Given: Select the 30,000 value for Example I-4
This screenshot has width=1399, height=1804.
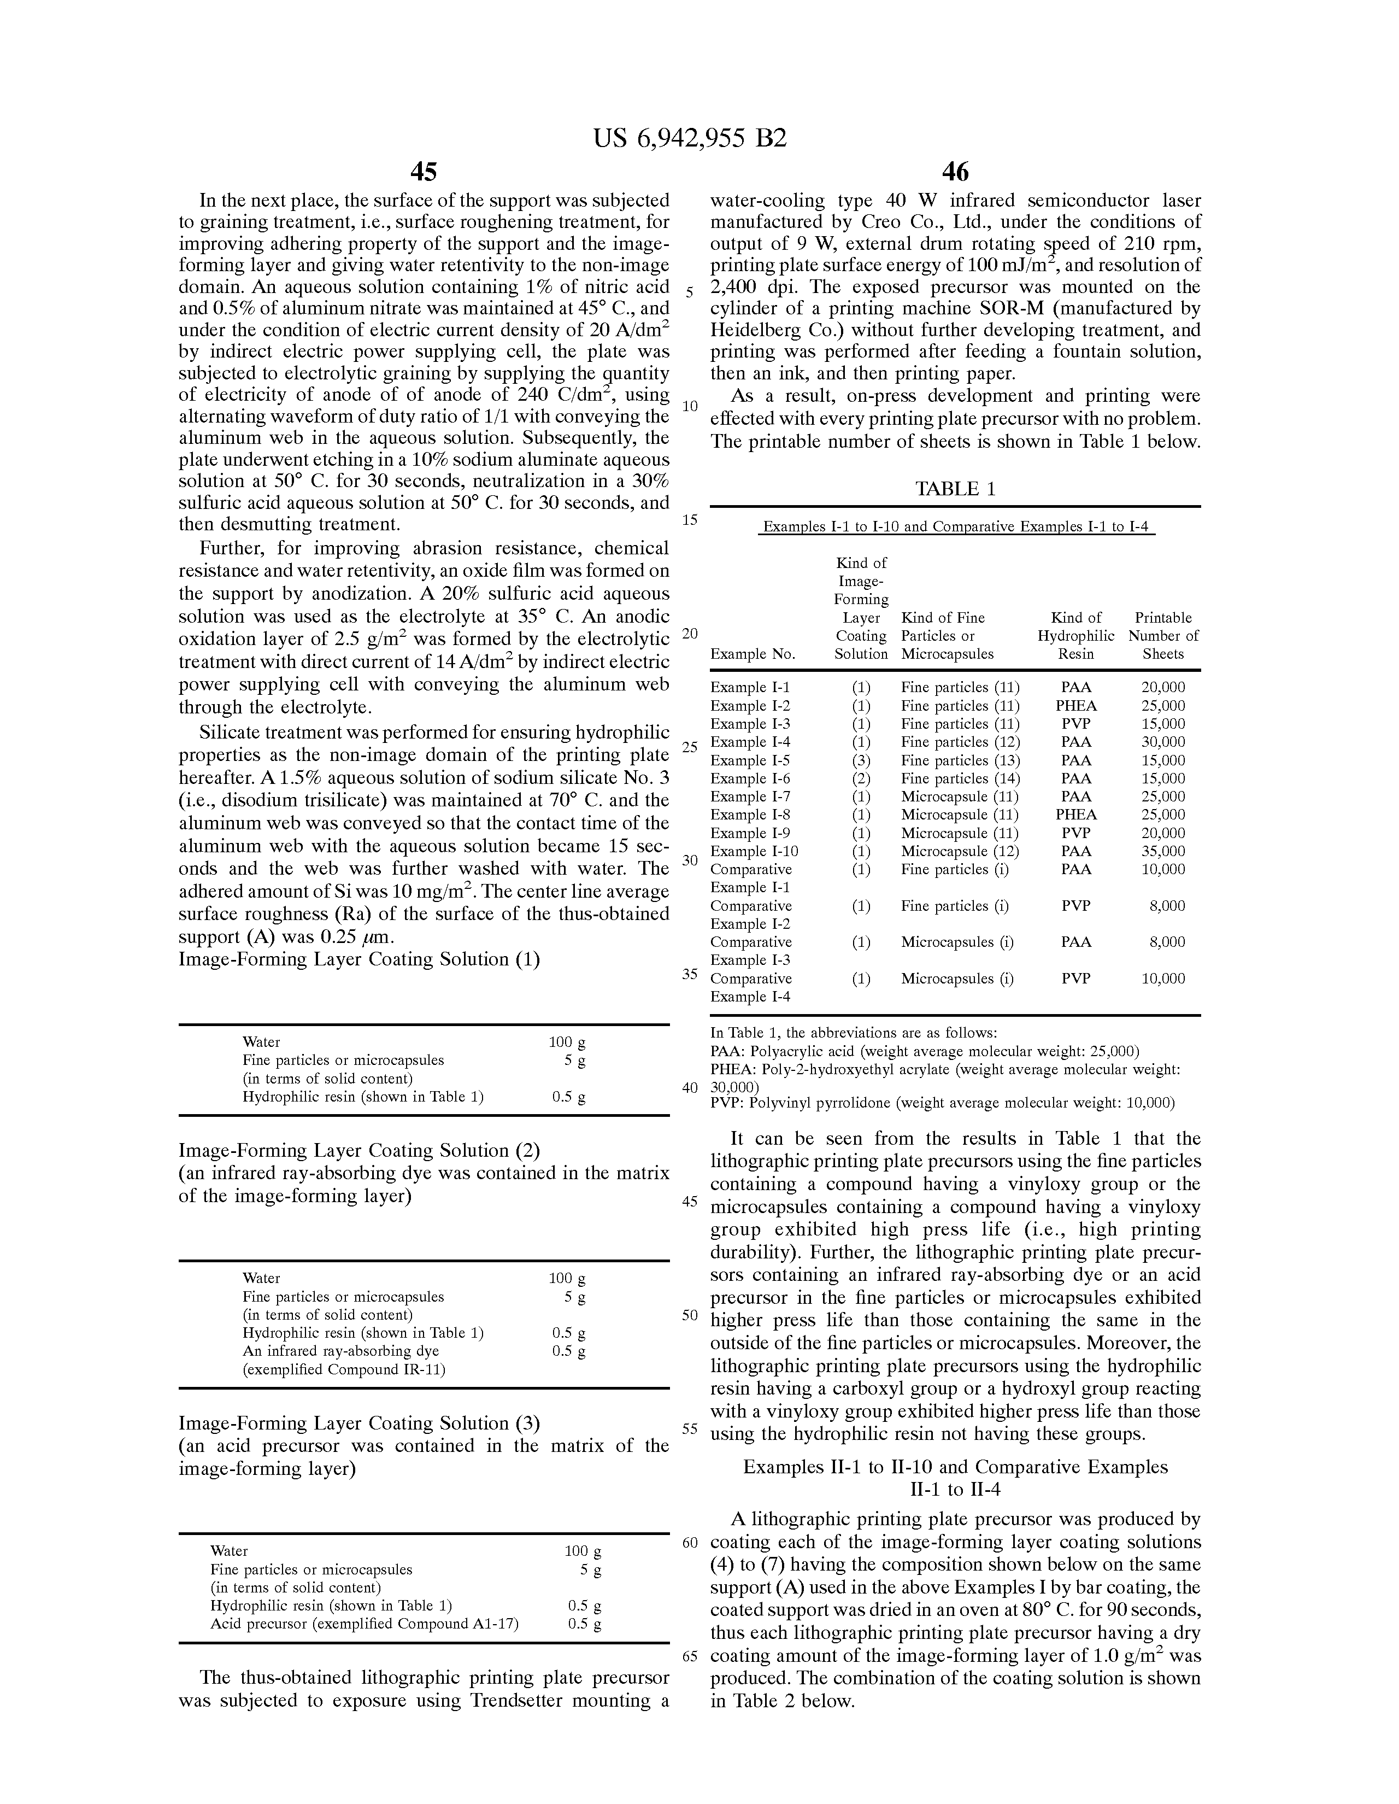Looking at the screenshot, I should [1163, 742].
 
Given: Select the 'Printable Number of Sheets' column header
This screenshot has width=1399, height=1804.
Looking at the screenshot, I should [1163, 635].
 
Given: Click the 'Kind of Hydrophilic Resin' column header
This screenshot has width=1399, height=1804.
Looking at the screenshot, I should [1076, 635].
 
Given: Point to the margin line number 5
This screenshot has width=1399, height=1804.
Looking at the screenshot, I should [690, 292].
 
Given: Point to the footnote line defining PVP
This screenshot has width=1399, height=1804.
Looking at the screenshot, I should [942, 1103].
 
